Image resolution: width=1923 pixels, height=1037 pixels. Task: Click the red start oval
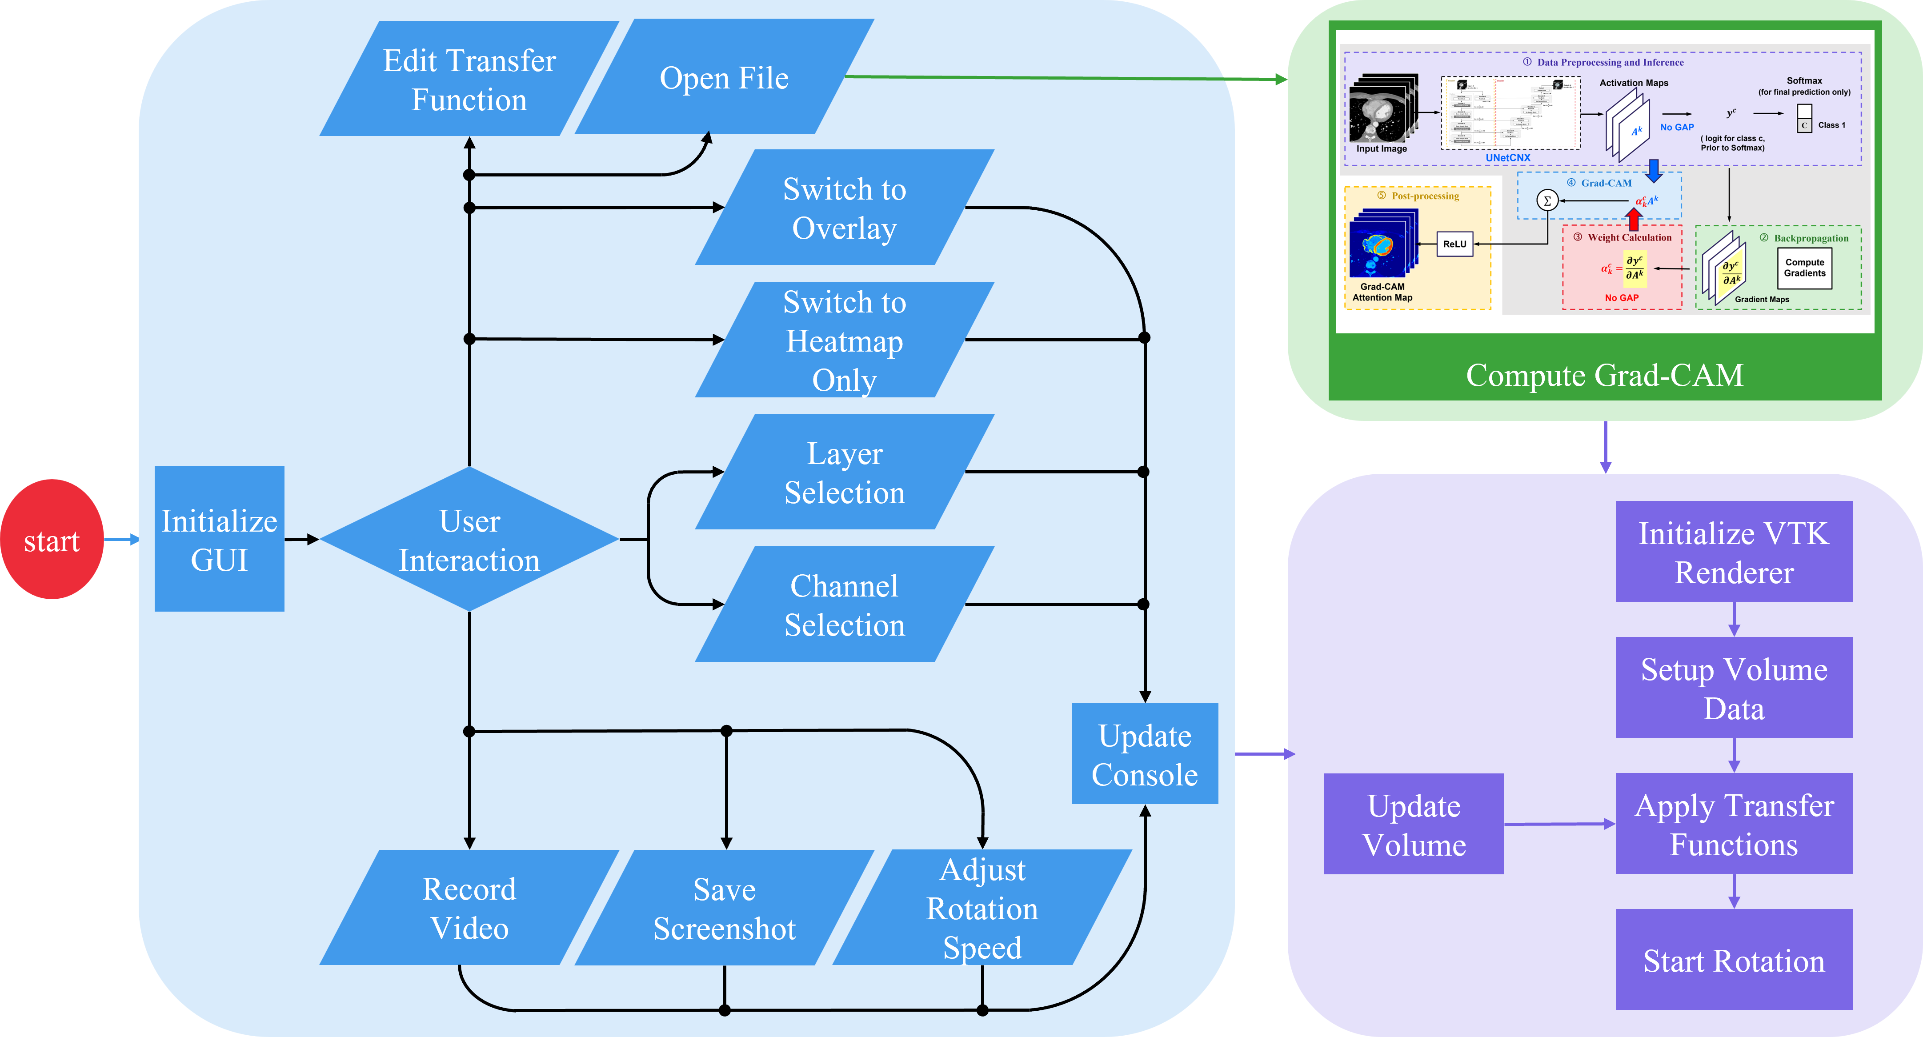pyautogui.click(x=52, y=539)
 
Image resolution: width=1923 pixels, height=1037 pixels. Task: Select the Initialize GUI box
pyautogui.click(x=220, y=539)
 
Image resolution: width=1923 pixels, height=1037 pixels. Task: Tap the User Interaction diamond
pyautogui.click(x=469, y=539)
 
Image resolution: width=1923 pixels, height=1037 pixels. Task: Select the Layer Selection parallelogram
pyautogui.click(x=844, y=472)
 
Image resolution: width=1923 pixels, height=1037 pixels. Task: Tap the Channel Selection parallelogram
pyautogui.click(x=844, y=604)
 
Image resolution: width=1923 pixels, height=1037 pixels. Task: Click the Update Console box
pyautogui.click(x=1144, y=754)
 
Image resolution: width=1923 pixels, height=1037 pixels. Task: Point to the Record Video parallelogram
pyautogui.click(x=469, y=907)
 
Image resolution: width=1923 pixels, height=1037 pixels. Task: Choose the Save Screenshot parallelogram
pyautogui.click(x=724, y=907)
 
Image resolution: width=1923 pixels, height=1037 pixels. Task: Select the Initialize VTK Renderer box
pyautogui.click(x=1733, y=552)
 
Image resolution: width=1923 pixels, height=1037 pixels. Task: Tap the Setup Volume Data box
pyautogui.click(x=1733, y=688)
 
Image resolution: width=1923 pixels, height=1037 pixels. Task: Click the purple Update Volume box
pyautogui.click(x=1413, y=824)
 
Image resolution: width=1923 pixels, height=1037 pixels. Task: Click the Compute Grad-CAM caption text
pyautogui.click(x=1604, y=375)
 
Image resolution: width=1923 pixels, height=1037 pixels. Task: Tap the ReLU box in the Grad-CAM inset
pyautogui.click(x=1454, y=244)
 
